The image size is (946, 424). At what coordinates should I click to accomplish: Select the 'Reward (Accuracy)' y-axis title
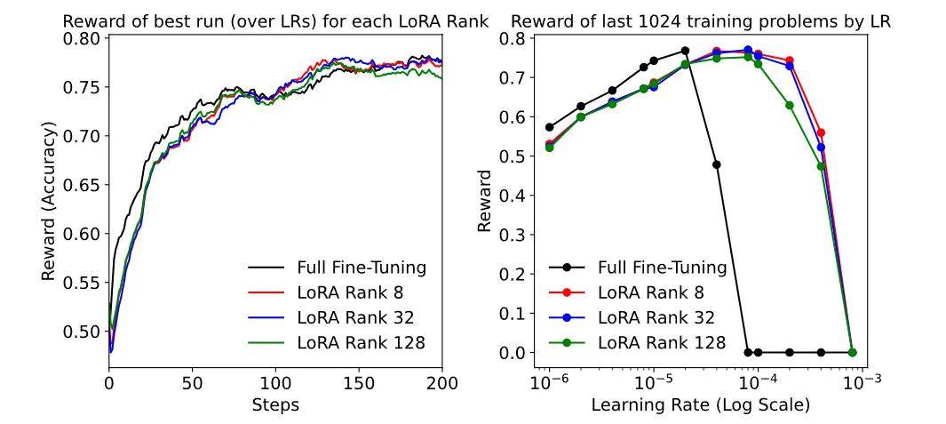coord(50,203)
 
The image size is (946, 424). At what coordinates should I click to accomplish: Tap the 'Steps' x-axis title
coord(275,405)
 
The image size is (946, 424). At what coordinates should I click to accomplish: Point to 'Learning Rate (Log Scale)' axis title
coord(701,406)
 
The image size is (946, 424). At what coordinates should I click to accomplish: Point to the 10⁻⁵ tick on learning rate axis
coord(654,384)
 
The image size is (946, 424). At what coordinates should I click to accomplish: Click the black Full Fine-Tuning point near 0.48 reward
coord(716,164)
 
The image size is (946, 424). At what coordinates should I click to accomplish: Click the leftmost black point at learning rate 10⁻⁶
coord(549,127)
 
